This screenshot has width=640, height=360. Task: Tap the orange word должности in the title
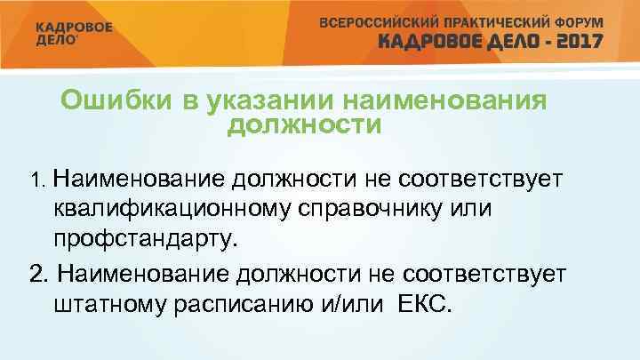(303, 125)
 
